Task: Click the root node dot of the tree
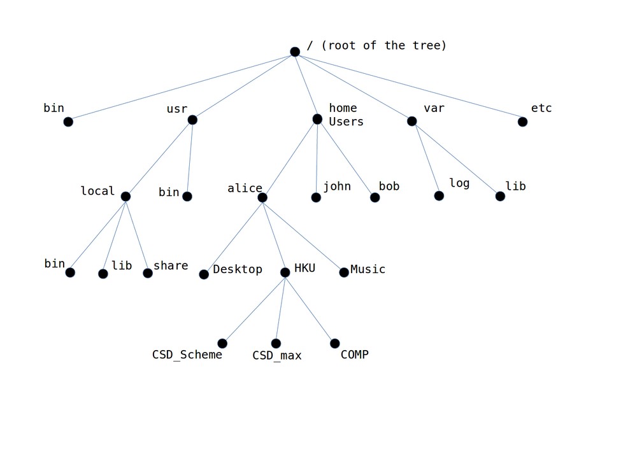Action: [295, 52]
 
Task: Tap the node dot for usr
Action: [192, 120]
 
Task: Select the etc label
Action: [541, 108]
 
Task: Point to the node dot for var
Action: [412, 121]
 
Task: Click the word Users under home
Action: [346, 122]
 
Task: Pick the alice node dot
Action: [262, 197]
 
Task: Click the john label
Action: [337, 186]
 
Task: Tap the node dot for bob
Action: [375, 197]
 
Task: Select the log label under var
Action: [459, 183]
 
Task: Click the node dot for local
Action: [125, 196]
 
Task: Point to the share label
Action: [171, 265]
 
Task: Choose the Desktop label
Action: [238, 269]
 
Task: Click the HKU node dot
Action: [285, 272]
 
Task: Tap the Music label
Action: [368, 269]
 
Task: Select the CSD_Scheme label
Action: [187, 355]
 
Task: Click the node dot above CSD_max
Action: [276, 344]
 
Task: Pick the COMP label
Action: [354, 355]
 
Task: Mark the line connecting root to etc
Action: [408, 86]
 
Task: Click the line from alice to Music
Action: [303, 235]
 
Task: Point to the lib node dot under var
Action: [500, 196]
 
